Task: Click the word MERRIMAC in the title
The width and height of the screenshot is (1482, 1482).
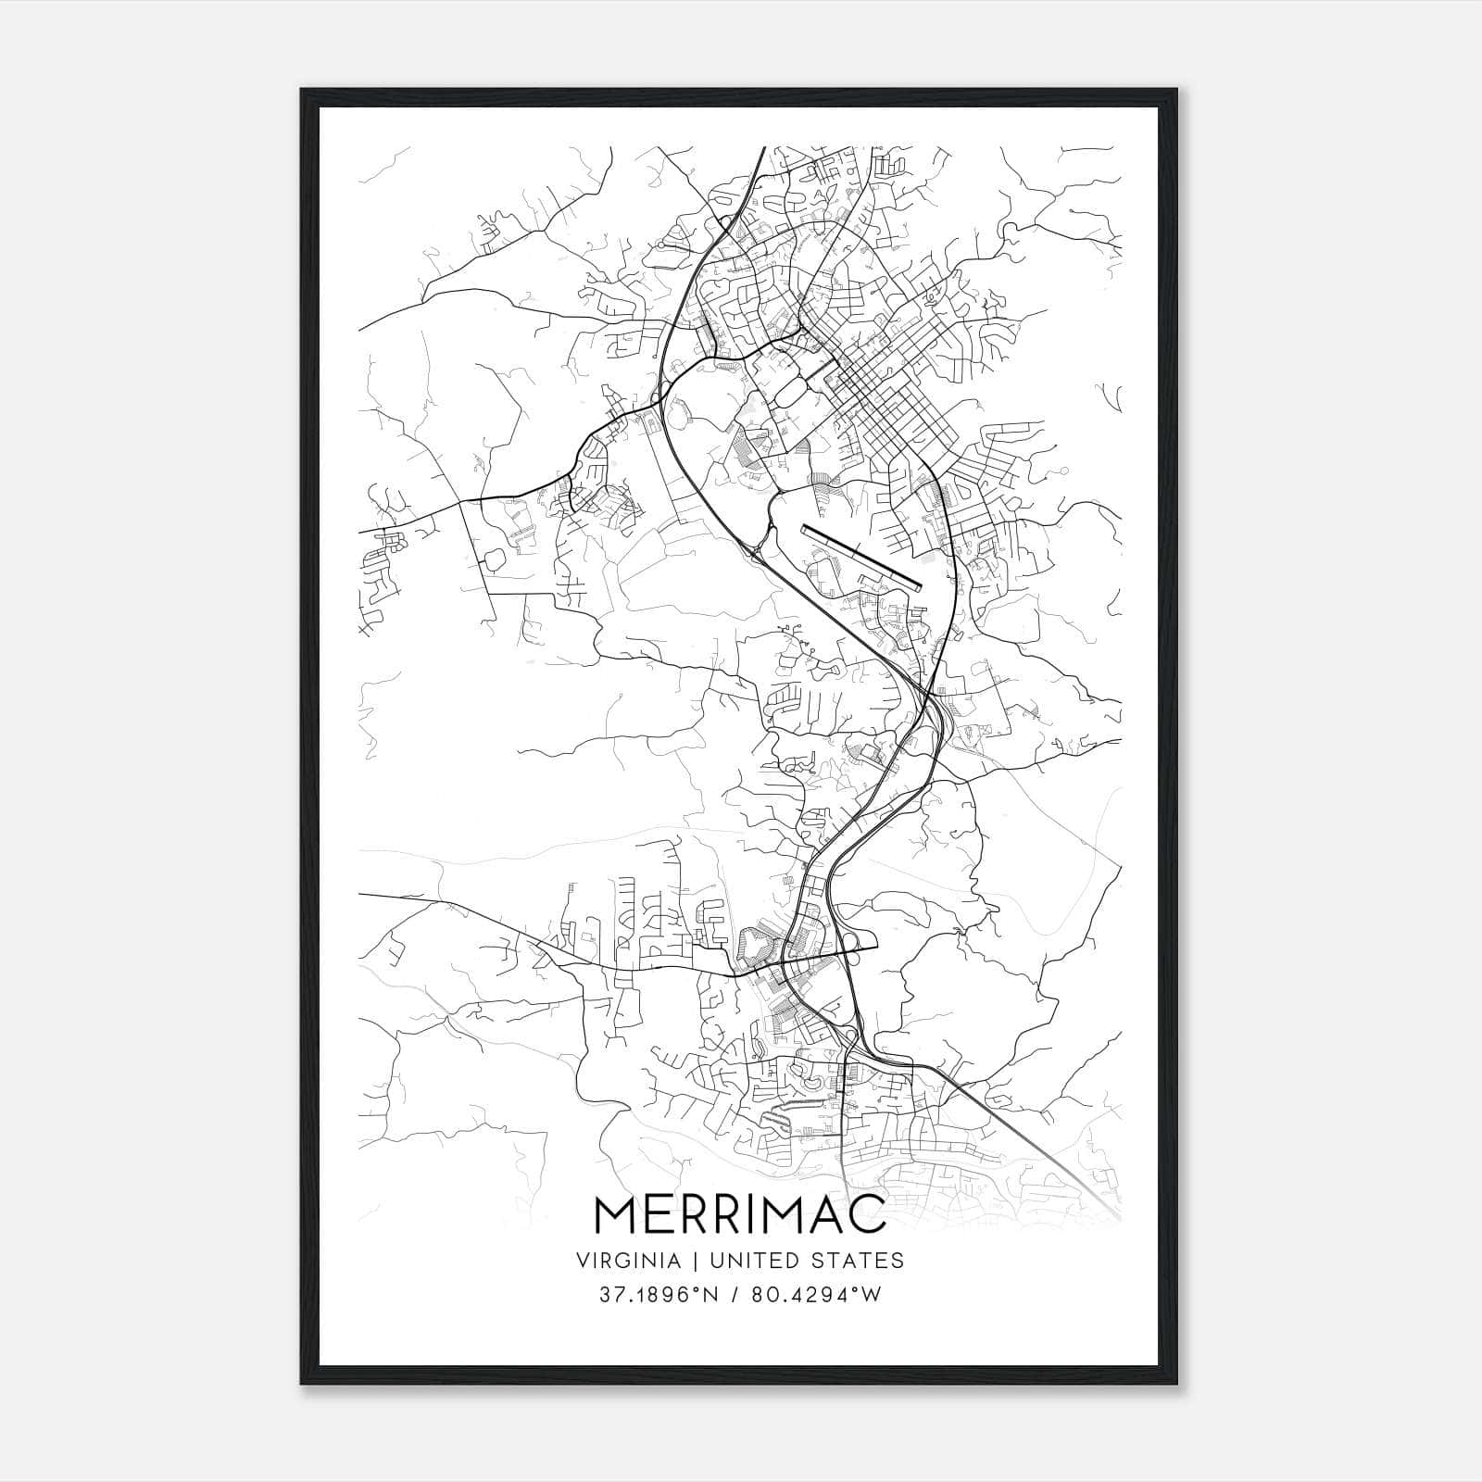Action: click(740, 1214)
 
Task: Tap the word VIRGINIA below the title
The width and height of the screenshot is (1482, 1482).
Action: click(629, 1261)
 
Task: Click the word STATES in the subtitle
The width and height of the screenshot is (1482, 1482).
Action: click(858, 1261)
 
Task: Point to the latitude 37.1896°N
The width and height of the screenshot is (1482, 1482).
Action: click(659, 1295)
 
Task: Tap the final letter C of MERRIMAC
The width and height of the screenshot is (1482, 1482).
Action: click(867, 1214)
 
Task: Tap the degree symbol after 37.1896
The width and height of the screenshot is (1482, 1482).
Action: click(691, 1289)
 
